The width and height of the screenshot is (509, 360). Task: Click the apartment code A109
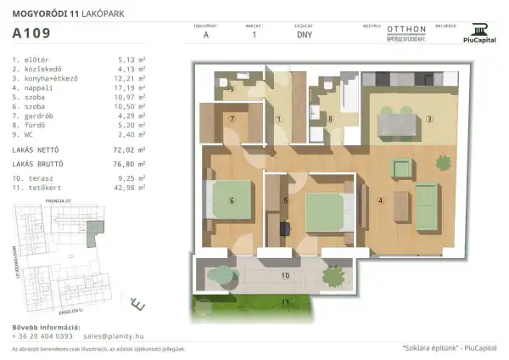(x=31, y=34)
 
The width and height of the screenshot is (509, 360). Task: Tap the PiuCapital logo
(x=480, y=32)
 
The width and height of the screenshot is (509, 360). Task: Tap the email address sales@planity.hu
(x=106, y=336)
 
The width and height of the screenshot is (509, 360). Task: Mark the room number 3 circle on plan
(x=429, y=118)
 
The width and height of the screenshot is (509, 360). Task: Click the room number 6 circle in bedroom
(x=230, y=200)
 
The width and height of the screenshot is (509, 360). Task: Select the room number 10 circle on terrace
(x=285, y=276)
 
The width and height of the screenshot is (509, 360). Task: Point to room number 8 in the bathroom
(x=330, y=120)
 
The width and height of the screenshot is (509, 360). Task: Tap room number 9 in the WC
(x=232, y=88)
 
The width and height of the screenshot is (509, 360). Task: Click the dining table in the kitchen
(x=397, y=125)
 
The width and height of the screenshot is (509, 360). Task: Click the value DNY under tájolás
(x=304, y=35)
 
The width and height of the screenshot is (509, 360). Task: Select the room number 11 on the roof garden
(x=285, y=301)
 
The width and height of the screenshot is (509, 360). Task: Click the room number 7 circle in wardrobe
(x=231, y=119)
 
